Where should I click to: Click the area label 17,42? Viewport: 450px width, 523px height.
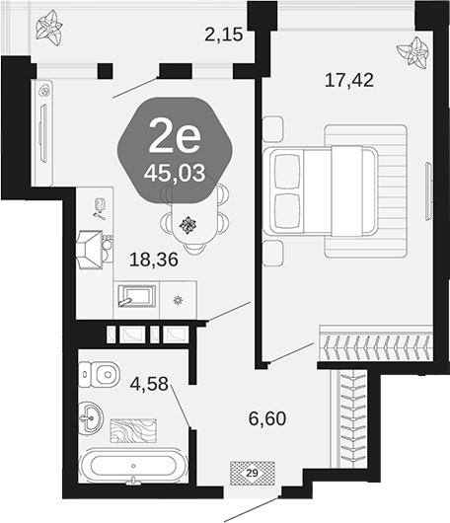pos(349,80)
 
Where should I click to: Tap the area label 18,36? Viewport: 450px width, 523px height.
pos(154,260)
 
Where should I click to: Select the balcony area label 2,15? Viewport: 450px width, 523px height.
pos(223,35)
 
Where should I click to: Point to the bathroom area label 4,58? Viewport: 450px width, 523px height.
pos(149,384)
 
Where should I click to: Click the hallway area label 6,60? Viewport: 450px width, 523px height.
pos(267,418)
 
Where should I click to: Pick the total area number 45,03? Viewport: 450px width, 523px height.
pos(175,174)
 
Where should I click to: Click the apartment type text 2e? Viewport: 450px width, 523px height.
pos(175,136)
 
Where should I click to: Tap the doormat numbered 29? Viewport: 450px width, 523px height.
pos(253,473)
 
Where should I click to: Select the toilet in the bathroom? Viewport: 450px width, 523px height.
pos(99,374)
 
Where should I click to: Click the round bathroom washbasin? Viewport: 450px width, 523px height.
pos(91,417)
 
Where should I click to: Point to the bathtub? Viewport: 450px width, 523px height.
pos(133,466)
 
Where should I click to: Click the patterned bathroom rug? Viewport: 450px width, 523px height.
pos(133,430)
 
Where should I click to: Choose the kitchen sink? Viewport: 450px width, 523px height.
pos(136,296)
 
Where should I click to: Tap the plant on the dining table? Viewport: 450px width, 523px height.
pos(187,225)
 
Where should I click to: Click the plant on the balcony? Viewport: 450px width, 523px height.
pos(49,28)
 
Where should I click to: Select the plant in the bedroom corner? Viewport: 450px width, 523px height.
pos(412,52)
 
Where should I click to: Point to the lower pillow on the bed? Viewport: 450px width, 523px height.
pos(286,211)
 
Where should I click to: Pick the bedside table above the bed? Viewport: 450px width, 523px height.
pos(272,129)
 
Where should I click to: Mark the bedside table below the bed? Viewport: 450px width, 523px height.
pos(272,254)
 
